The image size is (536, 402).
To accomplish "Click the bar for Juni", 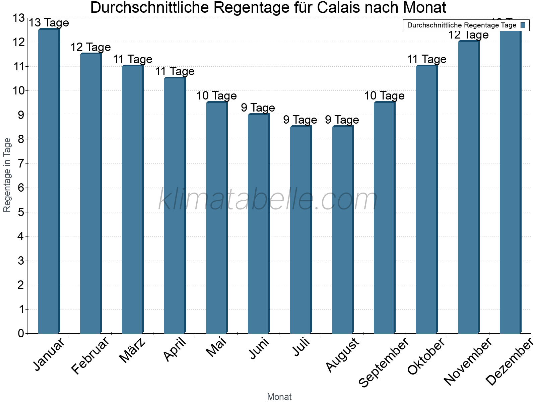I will (x=258, y=224).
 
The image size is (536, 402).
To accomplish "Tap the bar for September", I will (x=384, y=218).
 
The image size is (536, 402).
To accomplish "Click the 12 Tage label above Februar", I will (x=90, y=47).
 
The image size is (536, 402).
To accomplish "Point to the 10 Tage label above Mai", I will (x=216, y=96).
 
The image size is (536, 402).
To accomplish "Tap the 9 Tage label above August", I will (x=342, y=120).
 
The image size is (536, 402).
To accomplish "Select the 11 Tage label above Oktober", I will (x=426, y=59).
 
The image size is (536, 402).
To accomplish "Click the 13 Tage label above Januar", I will (x=49, y=23).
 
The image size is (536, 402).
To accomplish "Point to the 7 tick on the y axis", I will (x=21, y=163).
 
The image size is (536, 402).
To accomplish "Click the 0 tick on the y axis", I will (x=21, y=333).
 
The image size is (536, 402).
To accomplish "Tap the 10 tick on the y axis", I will (x=18, y=91).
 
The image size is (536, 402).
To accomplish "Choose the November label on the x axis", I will (x=468, y=362).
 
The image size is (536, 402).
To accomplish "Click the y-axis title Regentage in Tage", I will (x=7, y=175).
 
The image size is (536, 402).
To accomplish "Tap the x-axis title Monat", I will (x=279, y=397).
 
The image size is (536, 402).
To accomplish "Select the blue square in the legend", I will (x=523, y=25).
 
